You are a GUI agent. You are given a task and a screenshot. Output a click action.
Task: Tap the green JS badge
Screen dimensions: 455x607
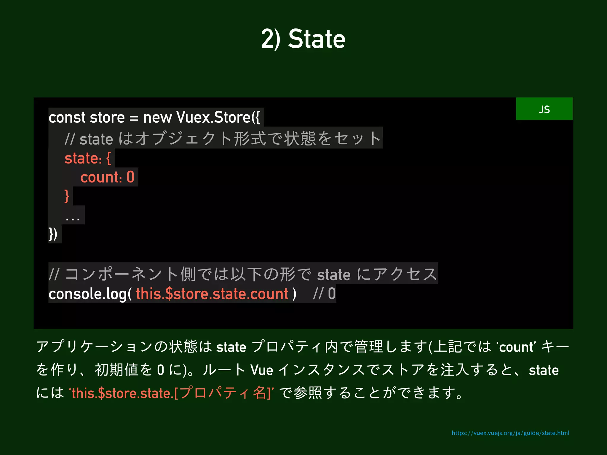544,109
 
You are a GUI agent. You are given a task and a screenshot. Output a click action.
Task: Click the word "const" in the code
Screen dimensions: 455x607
67,117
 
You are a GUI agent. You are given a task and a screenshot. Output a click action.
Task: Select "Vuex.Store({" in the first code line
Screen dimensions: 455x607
218,117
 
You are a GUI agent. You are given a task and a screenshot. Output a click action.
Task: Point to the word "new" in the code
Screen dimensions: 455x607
157,118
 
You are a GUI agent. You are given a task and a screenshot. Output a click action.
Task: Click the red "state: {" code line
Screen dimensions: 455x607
88,158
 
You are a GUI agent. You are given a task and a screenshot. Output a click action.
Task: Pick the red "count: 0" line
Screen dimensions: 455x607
107,177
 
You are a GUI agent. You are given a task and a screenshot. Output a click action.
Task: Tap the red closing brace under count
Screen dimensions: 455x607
67,196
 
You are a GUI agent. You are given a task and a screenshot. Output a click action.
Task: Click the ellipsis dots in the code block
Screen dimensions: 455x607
73,219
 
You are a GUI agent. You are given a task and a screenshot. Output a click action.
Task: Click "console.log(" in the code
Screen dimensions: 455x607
90,294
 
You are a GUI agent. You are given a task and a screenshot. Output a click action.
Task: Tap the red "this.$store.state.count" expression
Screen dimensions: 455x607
212,294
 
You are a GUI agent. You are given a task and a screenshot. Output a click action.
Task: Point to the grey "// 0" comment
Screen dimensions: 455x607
324,294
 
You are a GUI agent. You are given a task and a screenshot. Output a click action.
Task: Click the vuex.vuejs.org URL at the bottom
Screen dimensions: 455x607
510,433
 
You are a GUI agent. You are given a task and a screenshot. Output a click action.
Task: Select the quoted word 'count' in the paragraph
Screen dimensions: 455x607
516,347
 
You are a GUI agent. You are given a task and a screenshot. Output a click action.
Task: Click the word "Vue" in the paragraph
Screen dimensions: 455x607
261,370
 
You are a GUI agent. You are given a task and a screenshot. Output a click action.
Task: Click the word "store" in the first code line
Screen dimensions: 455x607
107,117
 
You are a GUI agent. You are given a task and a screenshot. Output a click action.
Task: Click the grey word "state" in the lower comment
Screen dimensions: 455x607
334,275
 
